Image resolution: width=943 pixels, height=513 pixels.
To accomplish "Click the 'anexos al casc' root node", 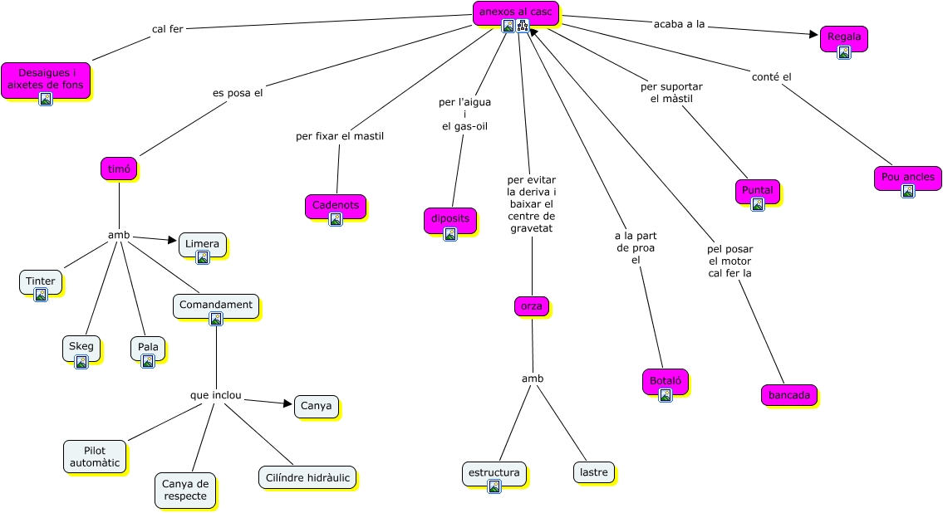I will coord(515,12).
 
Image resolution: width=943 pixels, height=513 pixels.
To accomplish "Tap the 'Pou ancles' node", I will coord(907,177).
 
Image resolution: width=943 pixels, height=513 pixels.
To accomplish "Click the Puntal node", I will coord(757,190).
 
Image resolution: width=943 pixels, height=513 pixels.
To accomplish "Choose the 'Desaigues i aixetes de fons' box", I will coord(46,79).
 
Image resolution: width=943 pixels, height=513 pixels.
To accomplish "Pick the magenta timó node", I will coord(119,169).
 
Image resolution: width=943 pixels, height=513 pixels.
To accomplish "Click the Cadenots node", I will coord(336,205).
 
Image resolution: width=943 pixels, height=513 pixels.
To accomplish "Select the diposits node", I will coord(449,219).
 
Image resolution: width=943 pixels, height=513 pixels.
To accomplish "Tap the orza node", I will coord(531,306).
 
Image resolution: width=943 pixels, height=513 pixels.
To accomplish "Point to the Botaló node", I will coord(665,381).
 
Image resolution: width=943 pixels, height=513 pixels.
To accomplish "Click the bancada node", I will coord(788,395).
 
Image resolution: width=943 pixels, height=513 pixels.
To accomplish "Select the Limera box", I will coord(202,244).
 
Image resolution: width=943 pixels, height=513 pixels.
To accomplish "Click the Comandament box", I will coord(216,305).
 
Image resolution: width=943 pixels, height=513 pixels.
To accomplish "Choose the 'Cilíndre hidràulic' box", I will coord(307,477).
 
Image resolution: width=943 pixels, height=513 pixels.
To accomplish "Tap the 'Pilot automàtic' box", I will coord(95,457).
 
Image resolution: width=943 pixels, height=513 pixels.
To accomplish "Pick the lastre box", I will coord(594,472).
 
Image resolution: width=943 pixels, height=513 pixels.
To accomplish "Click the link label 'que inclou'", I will coord(215,395).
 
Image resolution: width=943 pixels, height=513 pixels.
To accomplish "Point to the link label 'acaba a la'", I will coord(679,24).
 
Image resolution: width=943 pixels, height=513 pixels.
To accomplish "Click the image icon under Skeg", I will coord(81,362).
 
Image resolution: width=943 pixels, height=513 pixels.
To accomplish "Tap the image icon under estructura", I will coord(494,486).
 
